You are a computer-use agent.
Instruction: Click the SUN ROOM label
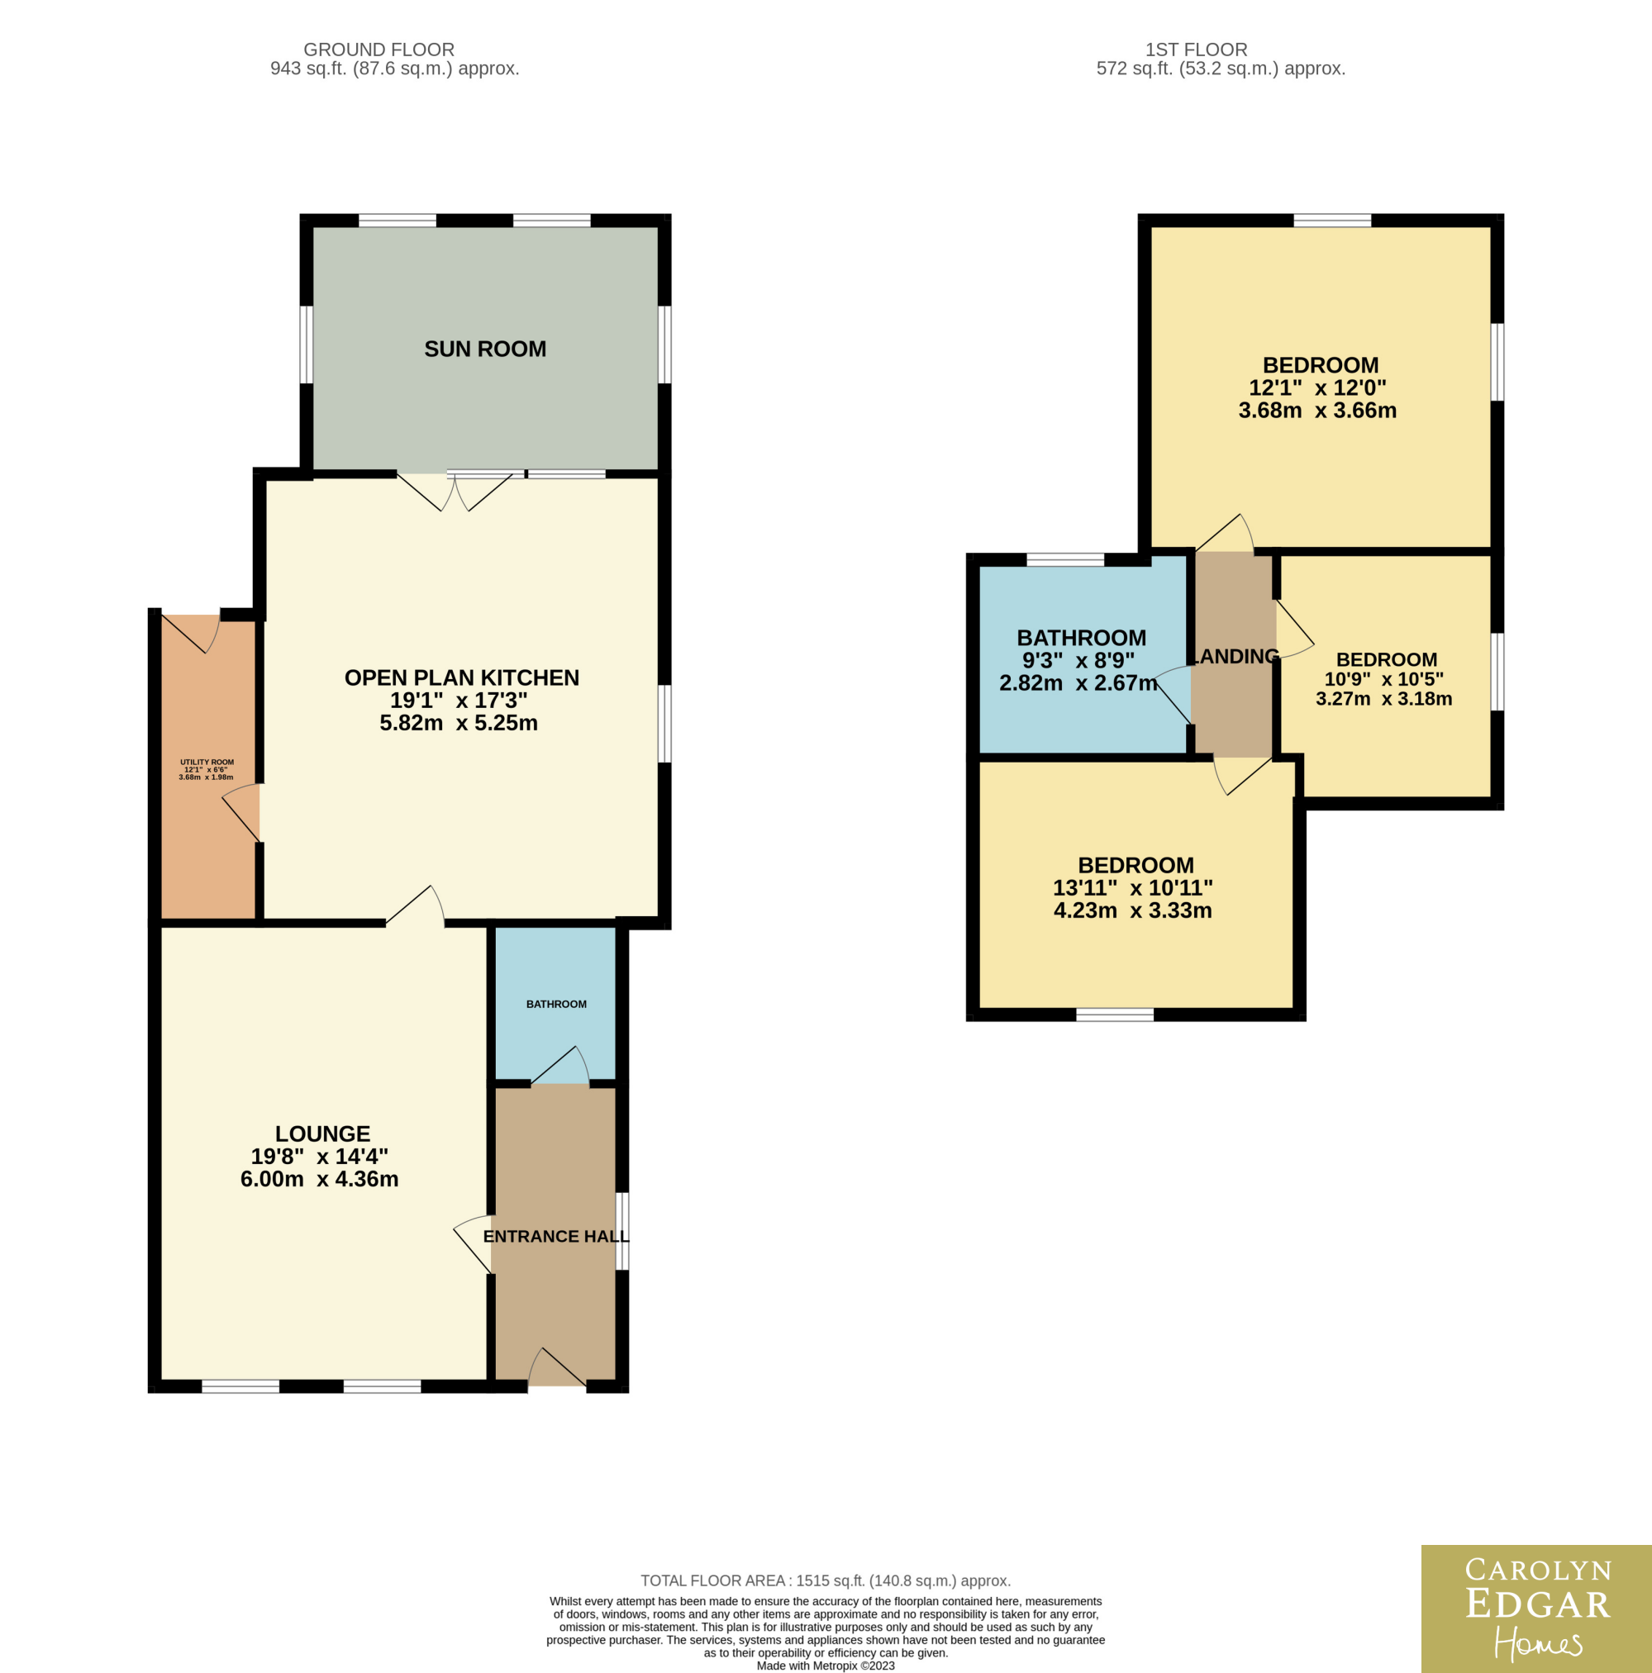[x=485, y=349]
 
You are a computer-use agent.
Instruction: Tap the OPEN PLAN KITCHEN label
[x=462, y=677]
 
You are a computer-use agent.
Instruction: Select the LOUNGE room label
[x=322, y=1134]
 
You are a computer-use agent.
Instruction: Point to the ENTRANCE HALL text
[x=555, y=1237]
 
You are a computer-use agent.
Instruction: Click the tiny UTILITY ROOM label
[x=207, y=762]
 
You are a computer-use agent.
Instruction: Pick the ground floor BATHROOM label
[x=556, y=1005]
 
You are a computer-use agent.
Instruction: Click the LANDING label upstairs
[x=1236, y=656]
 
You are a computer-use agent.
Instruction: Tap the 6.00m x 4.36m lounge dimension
[x=320, y=1179]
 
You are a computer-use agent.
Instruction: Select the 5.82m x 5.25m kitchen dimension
[x=459, y=722]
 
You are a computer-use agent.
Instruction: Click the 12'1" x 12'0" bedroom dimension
[x=1317, y=388]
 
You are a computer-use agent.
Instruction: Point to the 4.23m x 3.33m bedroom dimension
[x=1133, y=910]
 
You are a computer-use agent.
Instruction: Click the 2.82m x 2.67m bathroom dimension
[x=1078, y=682]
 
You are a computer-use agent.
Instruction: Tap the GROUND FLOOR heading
[x=378, y=50]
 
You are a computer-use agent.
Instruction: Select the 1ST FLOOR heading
[x=1197, y=50]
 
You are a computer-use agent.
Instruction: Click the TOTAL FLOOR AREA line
[x=826, y=1580]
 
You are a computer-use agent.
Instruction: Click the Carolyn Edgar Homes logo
[x=1537, y=1609]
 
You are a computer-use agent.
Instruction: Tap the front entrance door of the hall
[x=557, y=1367]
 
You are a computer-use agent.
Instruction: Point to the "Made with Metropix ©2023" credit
[x=826, y=1666]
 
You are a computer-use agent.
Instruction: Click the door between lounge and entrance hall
[x=473, y=1243]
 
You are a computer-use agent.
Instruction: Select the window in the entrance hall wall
[x=622, y=1230]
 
